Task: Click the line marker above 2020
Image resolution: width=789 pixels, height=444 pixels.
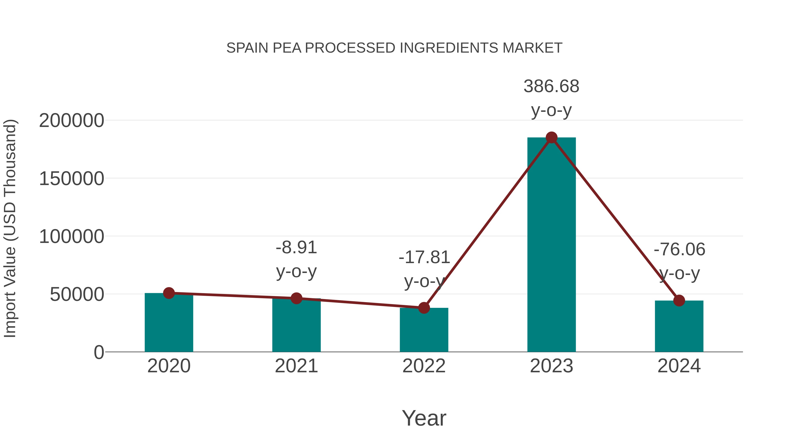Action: [169, 293]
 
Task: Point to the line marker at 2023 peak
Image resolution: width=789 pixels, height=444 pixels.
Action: [551, 137]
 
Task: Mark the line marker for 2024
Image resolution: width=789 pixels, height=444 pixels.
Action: [679, 301]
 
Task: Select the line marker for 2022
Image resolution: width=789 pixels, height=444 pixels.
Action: [424, 308]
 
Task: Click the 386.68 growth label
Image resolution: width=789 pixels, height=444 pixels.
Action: [551, 86]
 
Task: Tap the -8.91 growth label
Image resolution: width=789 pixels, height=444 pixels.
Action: [296, 248]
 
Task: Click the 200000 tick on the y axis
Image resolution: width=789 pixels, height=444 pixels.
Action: [71, 120]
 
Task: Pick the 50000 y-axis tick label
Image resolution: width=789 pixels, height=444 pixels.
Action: [77, 294]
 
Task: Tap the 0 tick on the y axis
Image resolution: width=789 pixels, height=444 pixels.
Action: [99, 352]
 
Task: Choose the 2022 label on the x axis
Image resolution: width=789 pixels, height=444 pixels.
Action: [424, 366]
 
